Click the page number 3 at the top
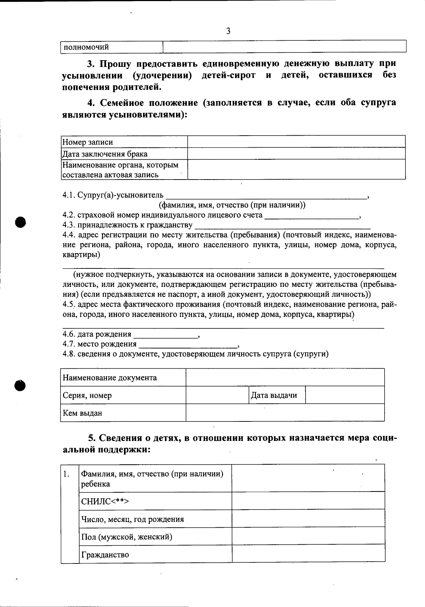point(228,31)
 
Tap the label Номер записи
point(88,142)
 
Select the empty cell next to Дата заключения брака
point(296,154)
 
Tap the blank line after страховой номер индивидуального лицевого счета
point(312,216)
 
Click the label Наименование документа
point(110,378)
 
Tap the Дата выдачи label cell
point(274,395)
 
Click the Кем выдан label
point(83,413)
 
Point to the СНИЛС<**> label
point(105,501)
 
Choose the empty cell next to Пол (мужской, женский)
point(308,536)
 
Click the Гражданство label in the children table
point(105,555)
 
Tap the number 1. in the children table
point(66,474)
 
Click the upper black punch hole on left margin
point(21,221)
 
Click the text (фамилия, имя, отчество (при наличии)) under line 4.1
point(232,205)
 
